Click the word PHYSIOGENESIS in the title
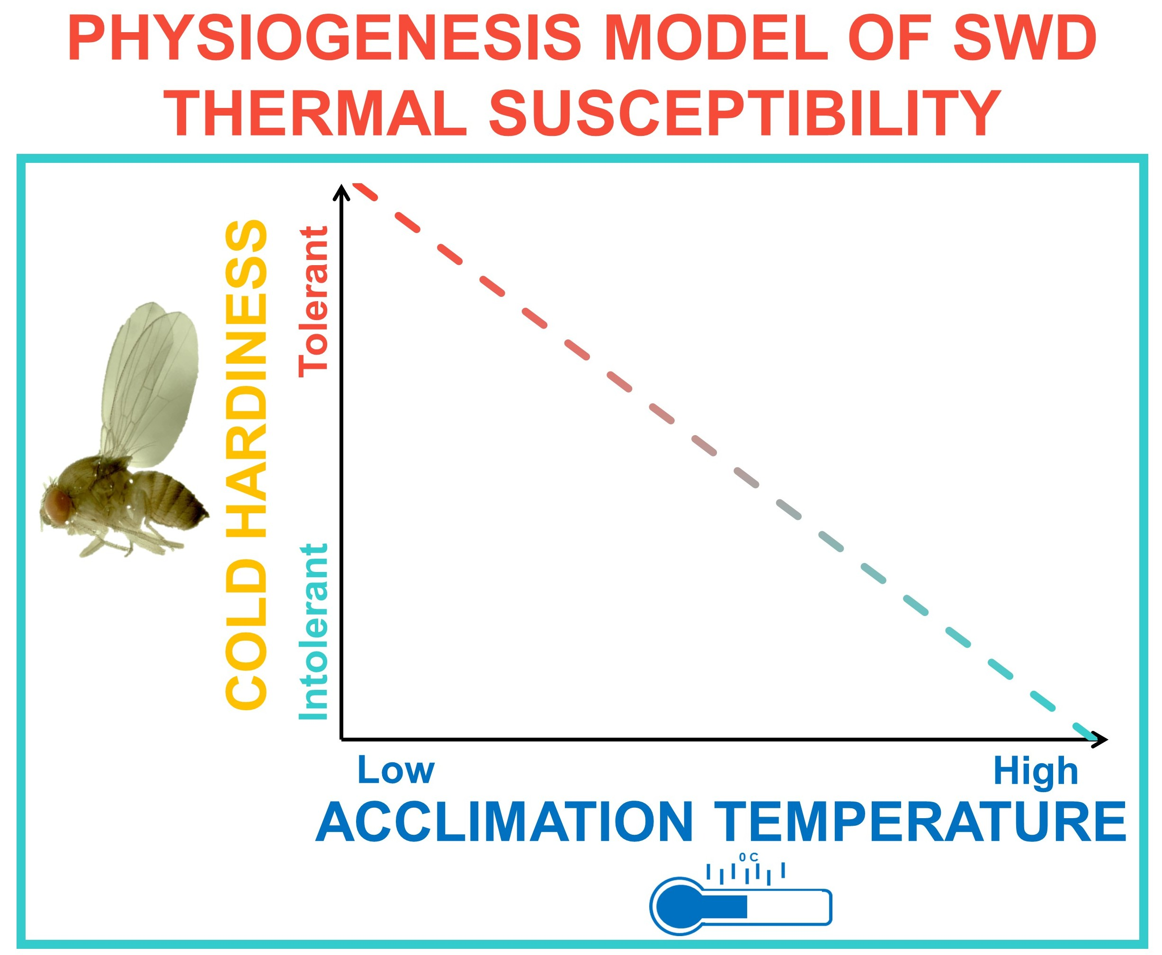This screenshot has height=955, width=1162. pyautogui.click(x=325, y=38)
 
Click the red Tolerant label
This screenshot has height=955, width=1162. pyautogui.click(x=313, y=302)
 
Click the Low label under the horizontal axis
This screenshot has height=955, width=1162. pyautogui.click(x=396, y=771)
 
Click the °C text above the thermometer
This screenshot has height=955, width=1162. pyautogui.click(x=748, y=857)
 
